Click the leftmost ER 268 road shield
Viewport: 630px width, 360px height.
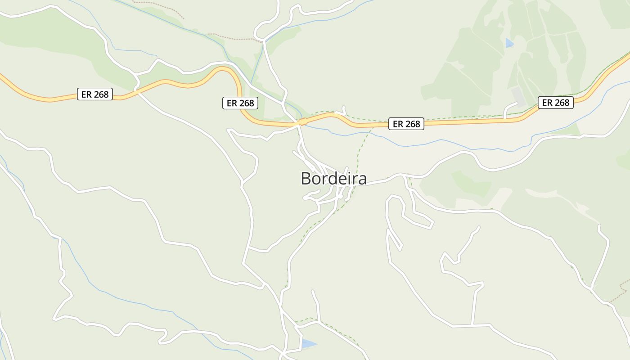pyautogui.click(x=94, y=94)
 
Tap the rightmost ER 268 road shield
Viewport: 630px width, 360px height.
pyautogui.click(x=556, y=103)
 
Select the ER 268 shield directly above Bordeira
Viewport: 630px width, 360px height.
pyautogui.click(x=406, y=124)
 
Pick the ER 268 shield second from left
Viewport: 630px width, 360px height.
pyautogui.click(x=240, y=103)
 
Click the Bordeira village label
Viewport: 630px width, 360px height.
pyautogui.click(x=333, y=179)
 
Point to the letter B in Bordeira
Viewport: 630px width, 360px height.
pyautogui.click(x=306, y=179)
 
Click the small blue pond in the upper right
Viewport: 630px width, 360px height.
pyautogui.click(x=509, y=43)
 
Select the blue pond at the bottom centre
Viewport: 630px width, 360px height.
pyautogui.click(x=309, y=344)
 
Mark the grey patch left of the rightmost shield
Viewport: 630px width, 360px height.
pyautogui.click(x=518, y=96)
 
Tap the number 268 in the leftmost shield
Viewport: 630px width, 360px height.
pyautogui.click(x=101, y=94)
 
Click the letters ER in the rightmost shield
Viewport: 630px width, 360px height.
pyautogui.click(x=547, y=103)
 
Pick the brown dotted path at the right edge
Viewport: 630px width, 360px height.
pyautogui.click(x=623, y=286)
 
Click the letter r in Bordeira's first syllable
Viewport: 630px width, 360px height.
pyautogui.click(x=324, y=180)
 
